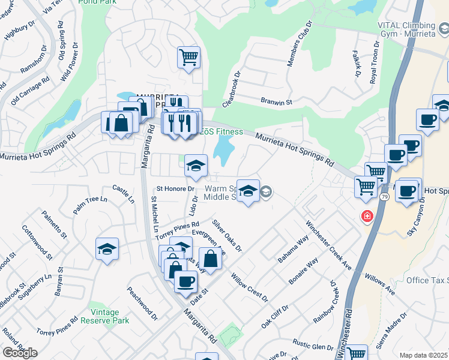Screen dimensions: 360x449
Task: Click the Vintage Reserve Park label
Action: (109, 316)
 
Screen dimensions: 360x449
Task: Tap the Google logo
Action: (20, 353)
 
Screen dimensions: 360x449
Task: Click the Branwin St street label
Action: (276, 102)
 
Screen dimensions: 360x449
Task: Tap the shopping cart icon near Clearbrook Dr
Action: (188, 58)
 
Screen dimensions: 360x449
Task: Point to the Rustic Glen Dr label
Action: (313, 346)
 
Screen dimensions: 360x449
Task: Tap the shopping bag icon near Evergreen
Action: (210, 259)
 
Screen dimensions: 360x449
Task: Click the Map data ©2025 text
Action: (423, 355)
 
